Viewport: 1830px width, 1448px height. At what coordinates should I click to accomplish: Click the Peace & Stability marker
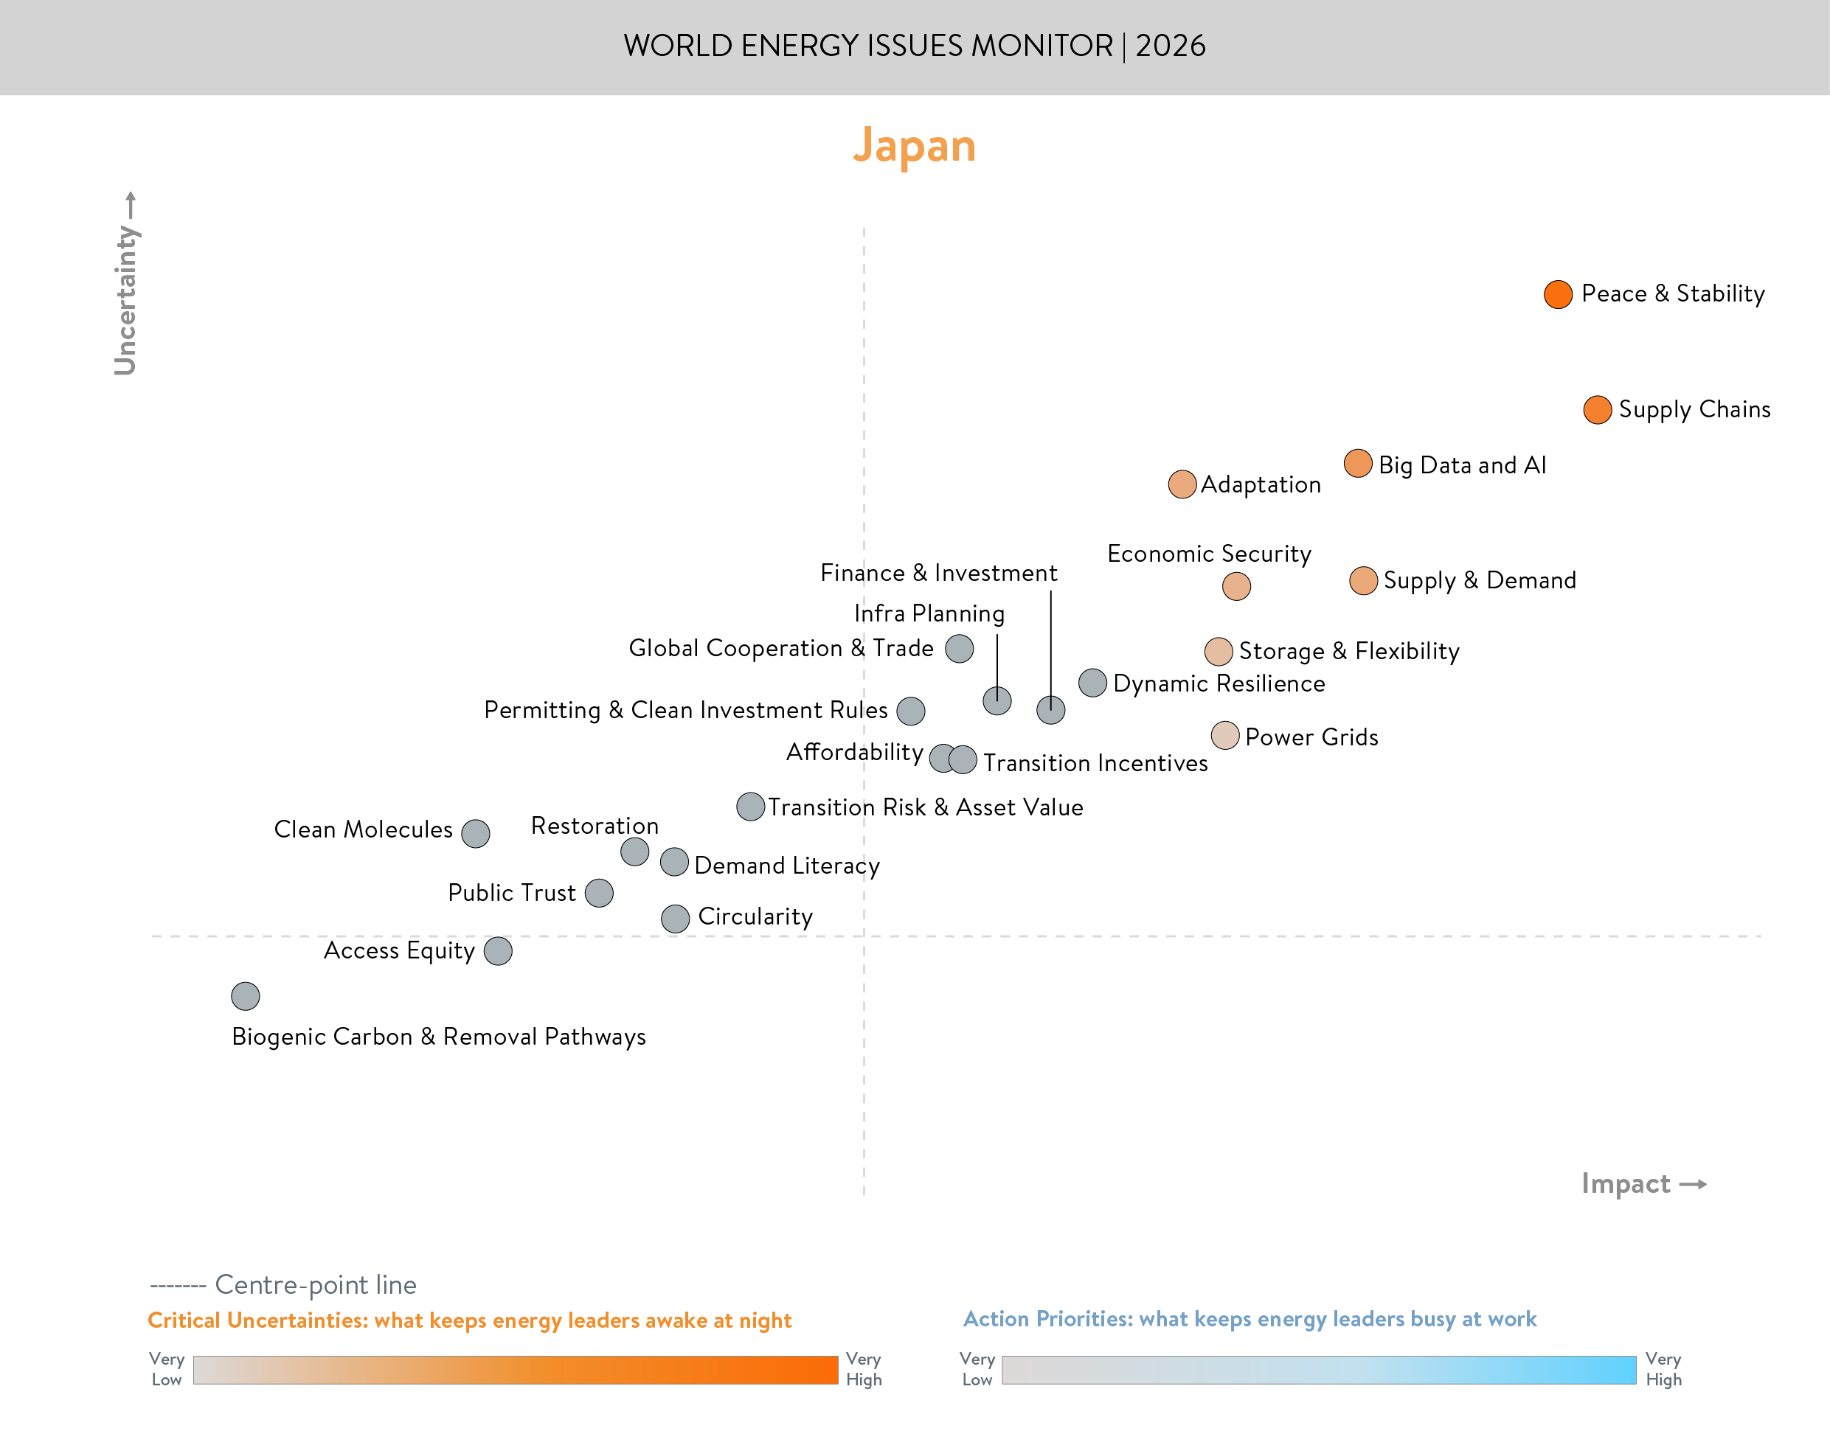(1557, 294)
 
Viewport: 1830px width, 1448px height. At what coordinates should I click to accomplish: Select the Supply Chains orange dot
(1597, 409)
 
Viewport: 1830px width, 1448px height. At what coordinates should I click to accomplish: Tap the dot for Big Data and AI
(1358, 464)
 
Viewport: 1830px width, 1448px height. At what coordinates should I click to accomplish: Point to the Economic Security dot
(1235, 586)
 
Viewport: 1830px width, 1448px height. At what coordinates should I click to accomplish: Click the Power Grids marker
(1224, 736)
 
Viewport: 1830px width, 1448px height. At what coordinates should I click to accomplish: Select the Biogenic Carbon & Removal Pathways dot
(245, 995)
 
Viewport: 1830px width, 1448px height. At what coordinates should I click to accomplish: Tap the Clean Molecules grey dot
(475, 833)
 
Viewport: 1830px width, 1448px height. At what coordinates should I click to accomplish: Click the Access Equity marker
(498, 951)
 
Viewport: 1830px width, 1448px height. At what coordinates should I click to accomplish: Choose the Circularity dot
(675, 918)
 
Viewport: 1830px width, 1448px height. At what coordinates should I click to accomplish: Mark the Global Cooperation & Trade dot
(959, 649)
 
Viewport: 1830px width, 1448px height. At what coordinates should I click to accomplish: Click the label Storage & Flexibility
(1348, 651)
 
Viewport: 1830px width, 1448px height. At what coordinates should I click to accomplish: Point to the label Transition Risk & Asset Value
(925, 807)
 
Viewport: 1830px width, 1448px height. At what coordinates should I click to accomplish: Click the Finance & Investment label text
(938, 573)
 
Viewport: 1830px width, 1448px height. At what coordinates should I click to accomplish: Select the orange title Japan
(914, 146)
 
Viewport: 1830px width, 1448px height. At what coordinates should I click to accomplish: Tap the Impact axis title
(1625, 1183)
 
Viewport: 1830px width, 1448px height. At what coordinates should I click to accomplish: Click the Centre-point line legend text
(315, 1284)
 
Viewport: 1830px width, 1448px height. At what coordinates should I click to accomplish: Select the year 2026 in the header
(1171, 46)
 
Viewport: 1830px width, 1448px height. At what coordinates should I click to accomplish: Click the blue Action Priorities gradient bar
(1318, 1370)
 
